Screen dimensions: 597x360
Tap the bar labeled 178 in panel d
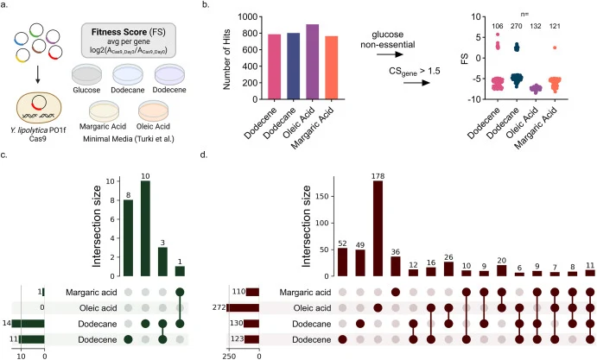(x=378, y=228)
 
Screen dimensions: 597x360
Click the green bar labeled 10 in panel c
(x=145, y=228)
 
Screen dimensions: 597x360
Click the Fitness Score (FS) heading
(x=129, y=32)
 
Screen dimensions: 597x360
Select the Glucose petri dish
(x=86, y=74)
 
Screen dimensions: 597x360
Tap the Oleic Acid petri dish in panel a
(x=154, y=111)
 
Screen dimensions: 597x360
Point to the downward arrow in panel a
(x=37, y=75)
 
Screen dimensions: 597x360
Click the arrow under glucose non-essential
(x=390, y=54)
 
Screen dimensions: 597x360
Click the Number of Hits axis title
(x=227, y=59)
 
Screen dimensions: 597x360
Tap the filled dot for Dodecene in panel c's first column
(x=129, y=339)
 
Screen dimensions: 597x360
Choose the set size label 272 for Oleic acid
(x=219, y=307)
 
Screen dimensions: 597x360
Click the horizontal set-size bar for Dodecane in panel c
(x=29, y=324)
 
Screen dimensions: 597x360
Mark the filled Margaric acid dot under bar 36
(x=396, y=292)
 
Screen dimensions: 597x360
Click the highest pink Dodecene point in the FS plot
(x=498, y=35)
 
